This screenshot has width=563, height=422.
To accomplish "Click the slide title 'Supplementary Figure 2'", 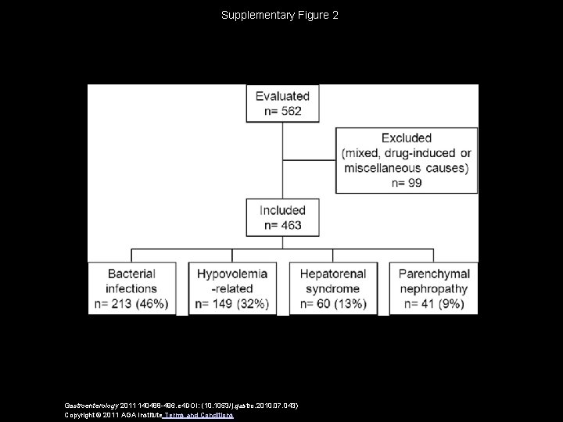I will [x=280, y=15].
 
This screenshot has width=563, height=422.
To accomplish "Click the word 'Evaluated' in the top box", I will [x=283, y=96].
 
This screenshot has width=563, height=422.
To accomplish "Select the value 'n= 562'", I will [x=283, y=111].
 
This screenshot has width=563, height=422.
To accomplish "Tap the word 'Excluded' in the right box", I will [x=407, y=138].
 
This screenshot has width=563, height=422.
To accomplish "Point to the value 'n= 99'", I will [x=407, y=182].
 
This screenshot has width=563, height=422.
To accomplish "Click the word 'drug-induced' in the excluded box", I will [x=423, y=153].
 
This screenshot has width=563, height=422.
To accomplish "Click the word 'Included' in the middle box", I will [x=283, y=210].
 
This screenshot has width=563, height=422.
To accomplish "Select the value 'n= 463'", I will [x=283, y=225].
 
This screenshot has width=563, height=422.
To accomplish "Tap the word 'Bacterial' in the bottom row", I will [x=132, y=274].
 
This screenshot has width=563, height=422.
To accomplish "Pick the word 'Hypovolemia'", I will [x=232, y=274].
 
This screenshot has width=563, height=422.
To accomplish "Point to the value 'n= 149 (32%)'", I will [x=232, y=304].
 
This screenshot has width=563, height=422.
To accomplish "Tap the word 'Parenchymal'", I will [x=434, y=274].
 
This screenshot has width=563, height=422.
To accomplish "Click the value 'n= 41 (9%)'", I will [x=434, y=304].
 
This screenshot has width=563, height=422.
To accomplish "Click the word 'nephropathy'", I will [x=434, y=289].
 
